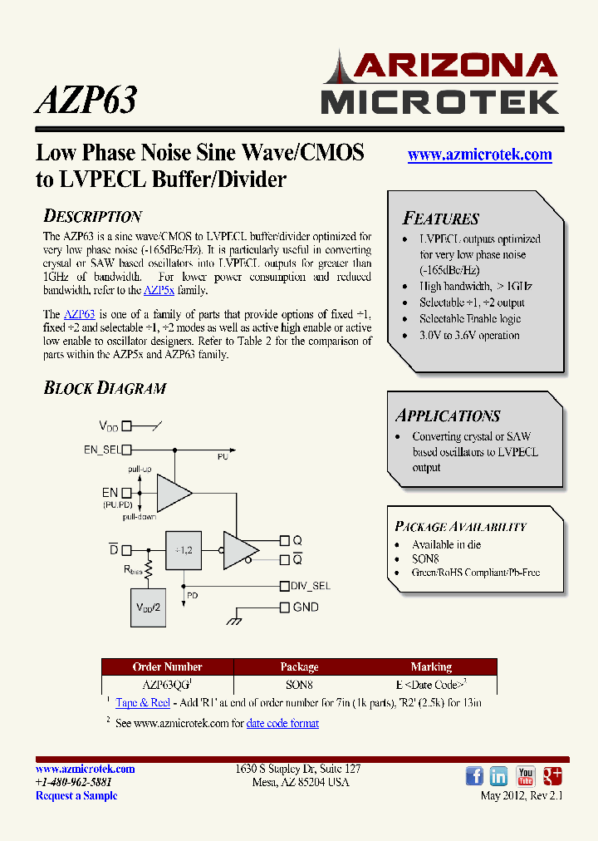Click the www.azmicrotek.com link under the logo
(479, 155)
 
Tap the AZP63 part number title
(86, 100)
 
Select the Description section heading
(92, 217)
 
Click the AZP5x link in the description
(159, 291)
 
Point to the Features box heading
(440, 219)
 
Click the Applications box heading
(447, 416)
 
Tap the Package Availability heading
(460, 527)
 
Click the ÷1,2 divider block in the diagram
(183, 550)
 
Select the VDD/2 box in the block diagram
(149, 608)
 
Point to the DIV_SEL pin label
(311, 586)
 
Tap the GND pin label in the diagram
(306, 607)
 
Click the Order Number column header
(167, 667)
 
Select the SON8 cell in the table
(299, 686)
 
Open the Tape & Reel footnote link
(143, 703)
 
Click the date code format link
(282, 724)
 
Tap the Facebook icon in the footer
(474, 776)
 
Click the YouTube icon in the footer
(526, 776)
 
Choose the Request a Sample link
(76, 796)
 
